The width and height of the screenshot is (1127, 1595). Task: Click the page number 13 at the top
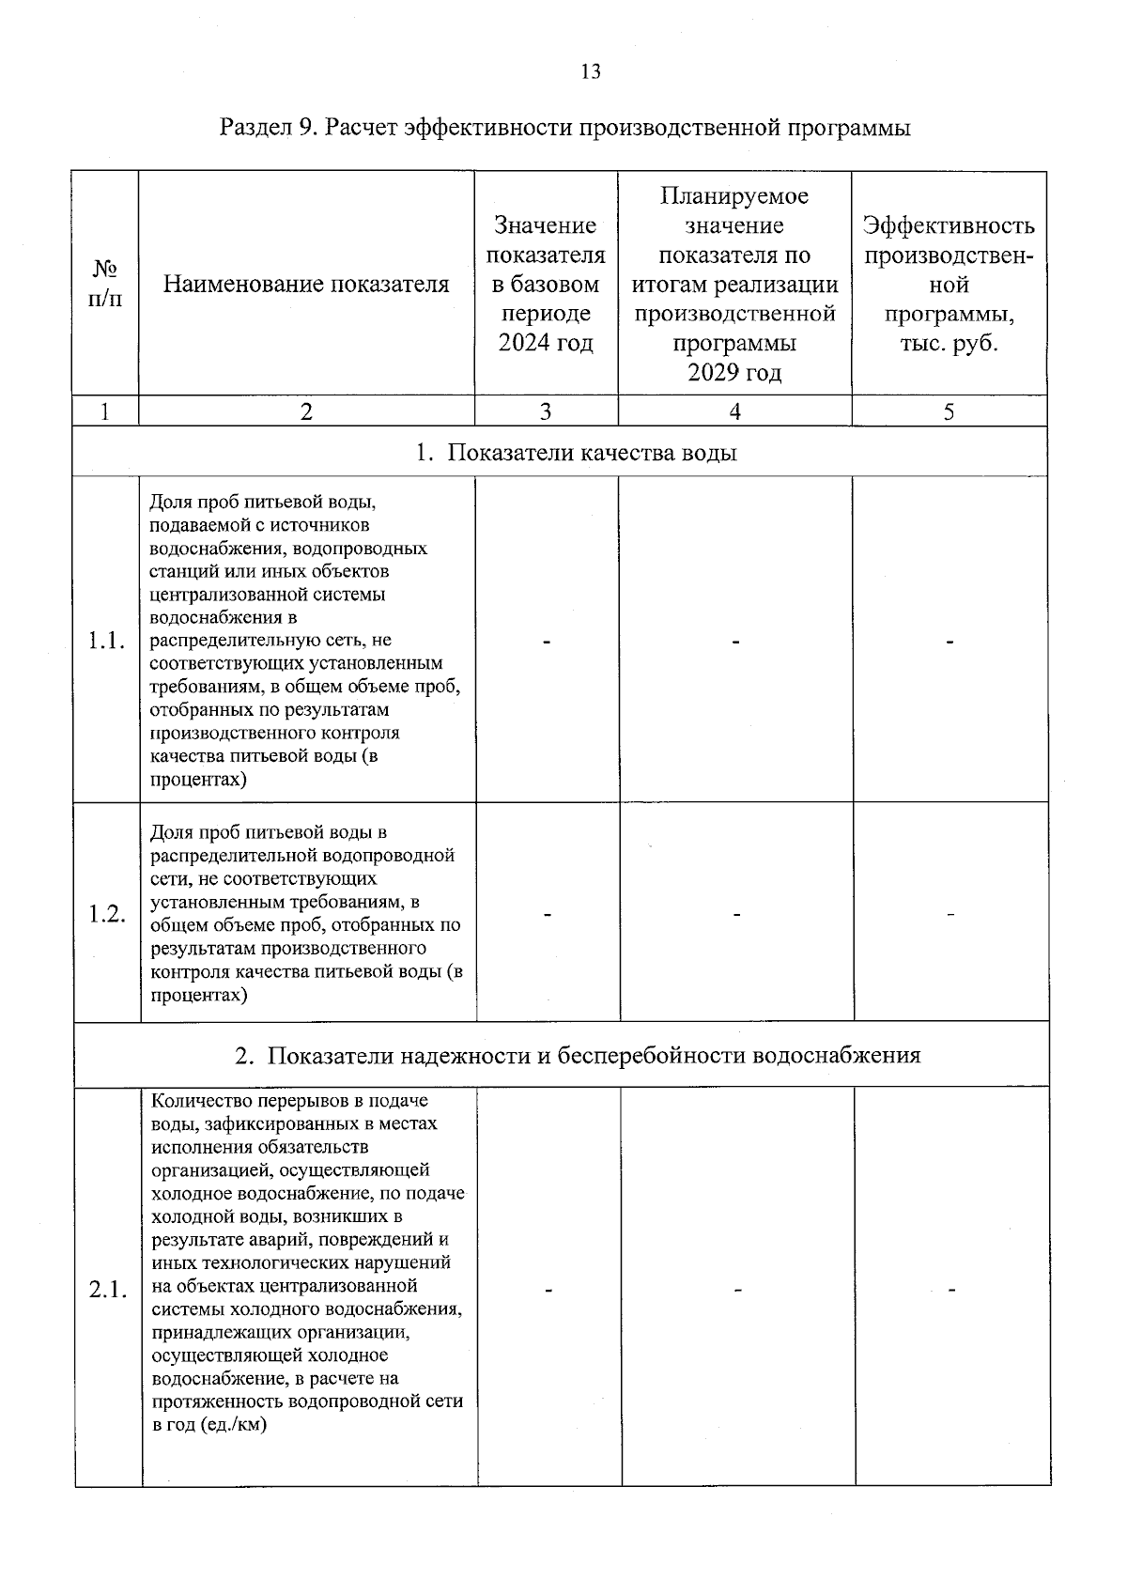point(591,72)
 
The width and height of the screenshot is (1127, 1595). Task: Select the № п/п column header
point(105,285)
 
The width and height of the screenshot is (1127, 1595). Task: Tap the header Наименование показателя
point(306,284)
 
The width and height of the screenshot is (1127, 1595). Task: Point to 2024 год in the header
point(546,343)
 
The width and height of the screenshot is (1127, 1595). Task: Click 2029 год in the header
point(734,373)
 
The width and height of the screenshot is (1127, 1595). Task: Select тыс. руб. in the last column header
point(949,343)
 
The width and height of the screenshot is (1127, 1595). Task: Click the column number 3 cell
point(546,411)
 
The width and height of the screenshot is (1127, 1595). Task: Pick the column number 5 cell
point(949,411)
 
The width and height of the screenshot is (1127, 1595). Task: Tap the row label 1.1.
point(106,642)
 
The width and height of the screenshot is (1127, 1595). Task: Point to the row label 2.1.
point(108,1289)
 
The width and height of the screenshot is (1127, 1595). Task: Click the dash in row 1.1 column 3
point(546,643)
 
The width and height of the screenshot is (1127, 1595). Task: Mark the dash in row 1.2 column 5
point(950,914)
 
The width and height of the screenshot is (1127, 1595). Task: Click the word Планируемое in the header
point(734,196)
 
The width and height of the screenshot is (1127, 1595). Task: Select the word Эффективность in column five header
point(949,225)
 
